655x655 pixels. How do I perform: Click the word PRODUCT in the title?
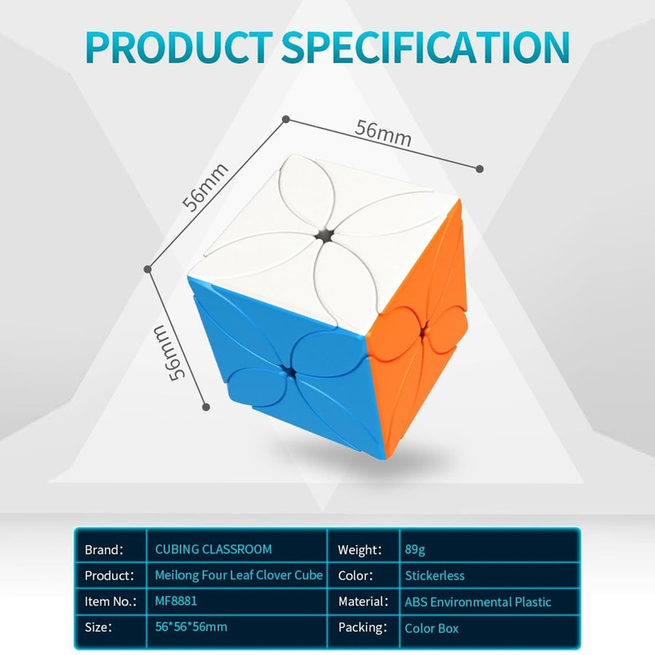pyautogui.click(x=179, y=47)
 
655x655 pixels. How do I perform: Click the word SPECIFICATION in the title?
pyautogui.click(x=426, y=47)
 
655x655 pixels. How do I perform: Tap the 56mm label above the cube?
pyautogui.click(x=382, y=133)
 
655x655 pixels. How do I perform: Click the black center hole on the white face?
pyautogui.click(x=324, y=237)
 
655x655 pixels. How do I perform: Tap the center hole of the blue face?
pyautogui.click(x=287, y=371)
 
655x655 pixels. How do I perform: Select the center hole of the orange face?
pyautogui.click(x=424, y=331)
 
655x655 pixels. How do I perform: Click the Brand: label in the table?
pyautogui.click(x=104, y=549)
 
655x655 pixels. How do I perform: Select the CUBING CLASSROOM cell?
pyautogui.click(x=214, y=549)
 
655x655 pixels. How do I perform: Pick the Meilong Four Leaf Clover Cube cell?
pyautogui.click(x=238, y=576)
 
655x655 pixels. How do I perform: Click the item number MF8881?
pyautogui.click(x=176, y=601)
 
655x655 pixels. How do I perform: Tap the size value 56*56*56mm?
pyautogui.click(x=192, y=627)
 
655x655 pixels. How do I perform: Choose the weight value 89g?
pyautogui.click(x=415, y=549)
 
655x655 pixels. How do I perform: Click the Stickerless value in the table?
pyautogui.click(x=435, y=576)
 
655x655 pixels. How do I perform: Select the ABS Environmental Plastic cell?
pyautogui.click(x=478, y=602)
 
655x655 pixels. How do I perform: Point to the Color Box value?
pyautogui.click(x=431, y=628)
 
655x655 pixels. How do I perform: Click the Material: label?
pyautogui.click(x=364, y=602)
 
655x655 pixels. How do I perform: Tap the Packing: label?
pyautogui.click(x=363, y=628)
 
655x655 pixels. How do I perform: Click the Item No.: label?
pyautogui.click(x=111, y=602)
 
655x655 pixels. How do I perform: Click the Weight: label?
pyautogui.click(x=360, y=550)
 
